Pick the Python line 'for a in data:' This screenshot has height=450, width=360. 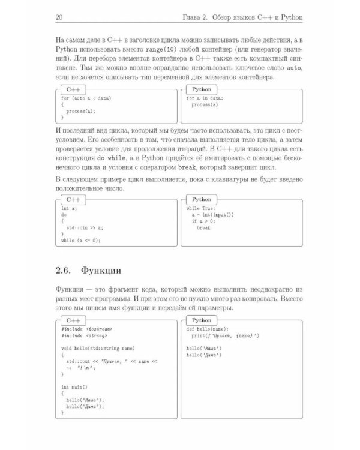pos(205,97)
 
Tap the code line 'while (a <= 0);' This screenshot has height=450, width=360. pos(81,241)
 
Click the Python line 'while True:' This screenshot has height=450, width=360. pos(200,208)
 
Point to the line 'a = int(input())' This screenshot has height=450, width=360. pos(212,215)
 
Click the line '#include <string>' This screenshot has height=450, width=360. pos(83,336)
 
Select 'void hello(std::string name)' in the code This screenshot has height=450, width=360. pos(97,349)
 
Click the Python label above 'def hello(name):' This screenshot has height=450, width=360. pos(202,321)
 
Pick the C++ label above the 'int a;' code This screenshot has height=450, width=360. pos(73,199)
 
